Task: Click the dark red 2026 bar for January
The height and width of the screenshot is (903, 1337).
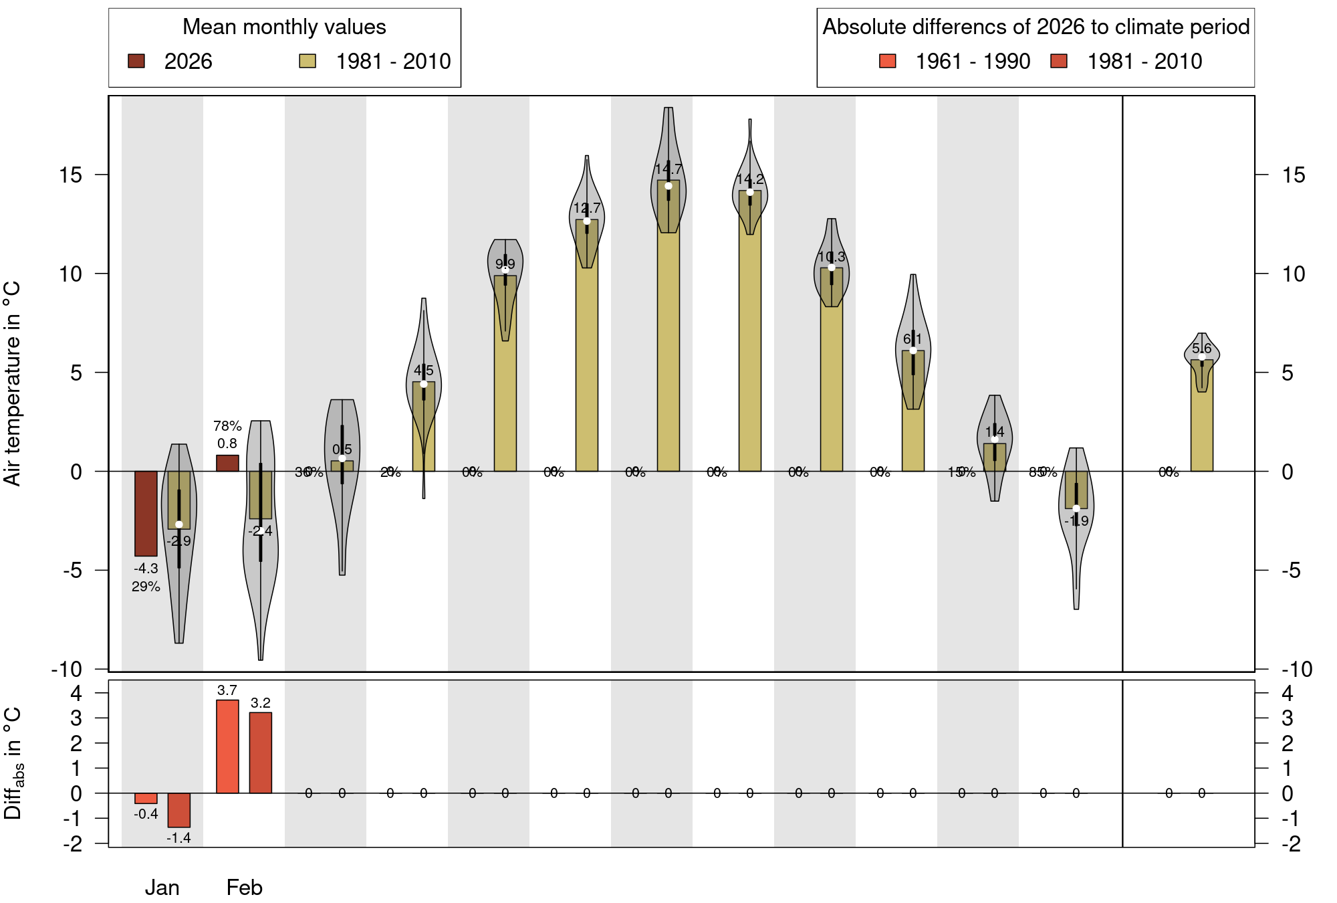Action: pos(146,513)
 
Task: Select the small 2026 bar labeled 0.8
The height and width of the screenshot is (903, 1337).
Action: pos(227,463)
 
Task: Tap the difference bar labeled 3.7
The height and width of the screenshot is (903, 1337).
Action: pos(227,746)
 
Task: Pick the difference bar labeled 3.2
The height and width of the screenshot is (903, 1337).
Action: pos(261,752)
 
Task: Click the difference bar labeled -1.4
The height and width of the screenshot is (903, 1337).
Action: pos(179,810)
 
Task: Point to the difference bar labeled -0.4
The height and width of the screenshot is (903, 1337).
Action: pos(146,798)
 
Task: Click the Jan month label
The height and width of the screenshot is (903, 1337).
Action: pos(162,888)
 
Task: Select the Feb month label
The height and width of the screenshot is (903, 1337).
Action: pos(245,888)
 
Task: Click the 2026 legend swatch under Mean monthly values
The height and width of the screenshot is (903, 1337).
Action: pos(136,62)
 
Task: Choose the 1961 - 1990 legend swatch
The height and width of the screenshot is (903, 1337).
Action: pos(888,62)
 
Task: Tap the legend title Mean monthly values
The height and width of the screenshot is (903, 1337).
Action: pos(284,27)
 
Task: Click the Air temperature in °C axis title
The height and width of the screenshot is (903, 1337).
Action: pos(13,383)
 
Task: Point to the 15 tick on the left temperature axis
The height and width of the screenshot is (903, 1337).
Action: pos(70,175)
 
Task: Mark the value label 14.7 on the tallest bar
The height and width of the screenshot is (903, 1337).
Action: pos(668,169)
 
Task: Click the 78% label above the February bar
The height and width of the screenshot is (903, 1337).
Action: pos(227,426)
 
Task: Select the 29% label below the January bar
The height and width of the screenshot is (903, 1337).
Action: pos(146,587)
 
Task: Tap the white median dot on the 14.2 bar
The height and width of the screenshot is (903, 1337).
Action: pos(750,192)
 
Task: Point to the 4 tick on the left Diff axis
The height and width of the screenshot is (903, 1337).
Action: pos(76,693)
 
